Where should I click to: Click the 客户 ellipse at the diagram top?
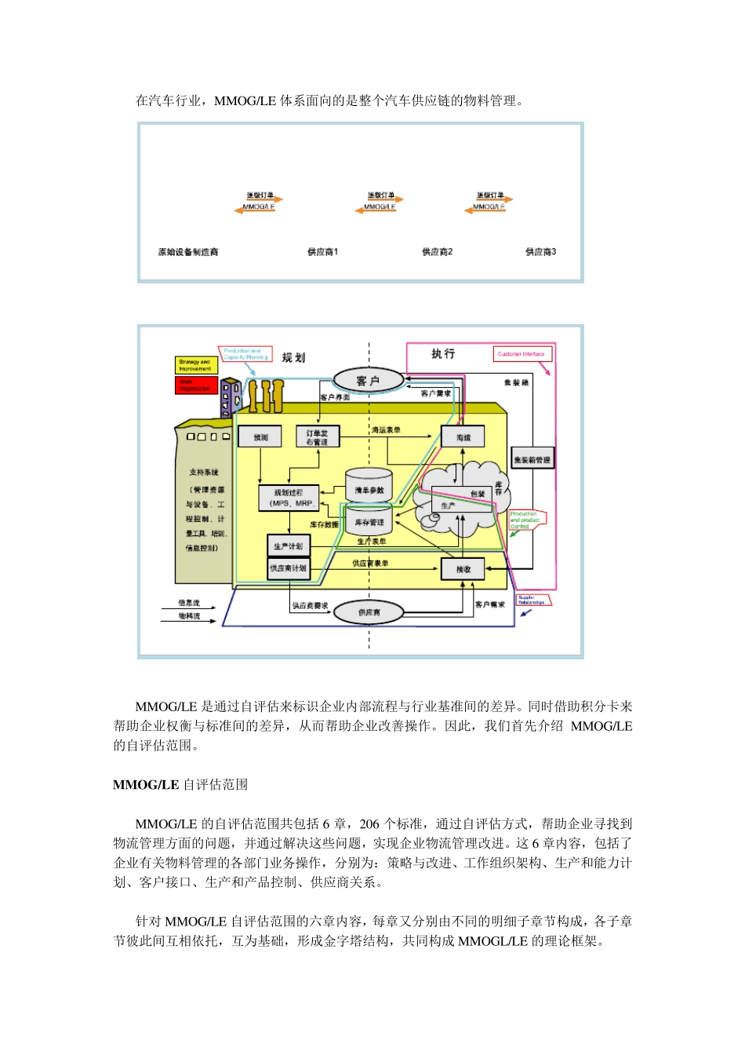[369, 381]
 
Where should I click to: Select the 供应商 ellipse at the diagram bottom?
[369, 612]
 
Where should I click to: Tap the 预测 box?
[261, 437]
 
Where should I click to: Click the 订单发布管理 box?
[317, 437]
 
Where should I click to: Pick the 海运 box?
[463, 437]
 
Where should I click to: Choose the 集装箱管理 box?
[532, 459]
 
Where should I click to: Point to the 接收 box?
[463, 569]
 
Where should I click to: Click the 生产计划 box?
[288, 546]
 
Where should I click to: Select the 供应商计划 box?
[288, 568]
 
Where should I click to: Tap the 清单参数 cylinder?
[369, 488]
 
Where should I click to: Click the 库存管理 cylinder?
[369, 522]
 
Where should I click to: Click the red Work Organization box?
[195, 385]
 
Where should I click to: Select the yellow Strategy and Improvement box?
[195, 365]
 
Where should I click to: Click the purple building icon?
[231, 399]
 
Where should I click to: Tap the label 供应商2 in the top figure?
[437, 252]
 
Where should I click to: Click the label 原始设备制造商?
[188, 252]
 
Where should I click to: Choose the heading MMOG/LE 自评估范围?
[180, 784]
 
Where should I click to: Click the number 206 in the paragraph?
[369, 824]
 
